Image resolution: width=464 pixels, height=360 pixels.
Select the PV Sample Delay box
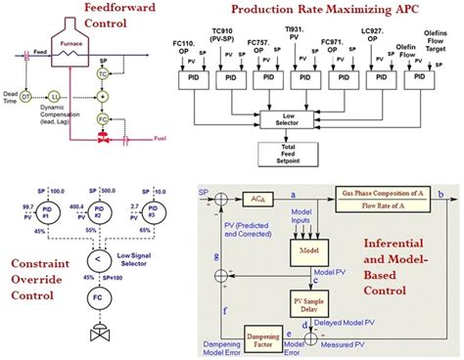(x=307, y=299)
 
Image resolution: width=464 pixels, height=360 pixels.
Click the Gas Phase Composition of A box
(x=386, y=199)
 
